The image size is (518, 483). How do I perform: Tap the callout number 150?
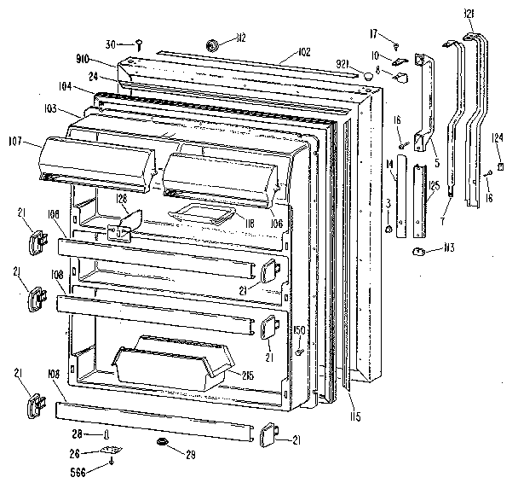[299, 329]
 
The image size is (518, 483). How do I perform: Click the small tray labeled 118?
[200, 215]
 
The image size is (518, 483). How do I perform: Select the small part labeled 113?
[418, 250]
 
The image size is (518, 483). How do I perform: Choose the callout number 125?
[434, 184]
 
